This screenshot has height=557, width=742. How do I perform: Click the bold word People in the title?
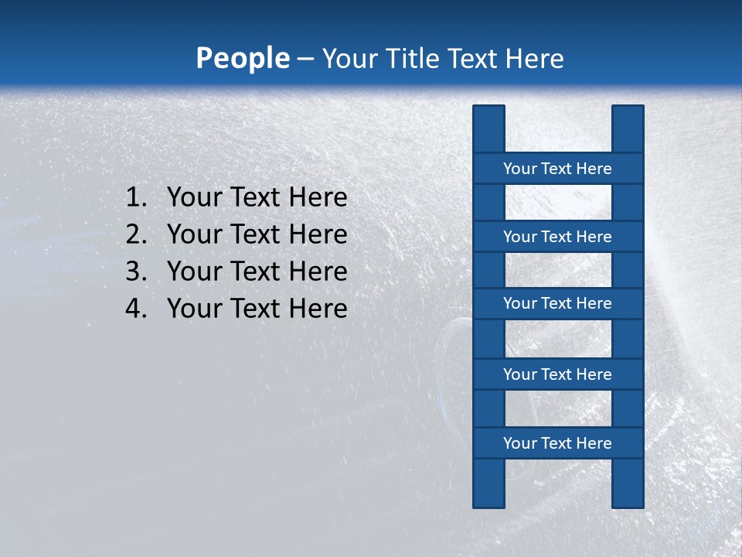pos(242,59)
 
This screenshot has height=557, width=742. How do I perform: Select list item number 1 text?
pos(257,198)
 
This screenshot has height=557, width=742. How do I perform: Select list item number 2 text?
pos(257,234)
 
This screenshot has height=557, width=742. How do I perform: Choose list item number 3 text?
pos(257,272)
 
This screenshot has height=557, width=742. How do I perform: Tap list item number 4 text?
pos(257,309)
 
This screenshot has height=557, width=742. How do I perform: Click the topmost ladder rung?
pos(557,169)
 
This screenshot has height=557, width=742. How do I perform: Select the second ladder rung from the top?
pos(557,237)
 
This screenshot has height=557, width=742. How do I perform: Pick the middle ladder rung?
pos(557,303)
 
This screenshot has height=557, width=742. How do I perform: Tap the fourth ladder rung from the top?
pos(557,374)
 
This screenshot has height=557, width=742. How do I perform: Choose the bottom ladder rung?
pos(557,443)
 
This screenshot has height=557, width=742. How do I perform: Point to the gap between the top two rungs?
pos(558,203)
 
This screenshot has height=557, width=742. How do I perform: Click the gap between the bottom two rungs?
pos(558,408)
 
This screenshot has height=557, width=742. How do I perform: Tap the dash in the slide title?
pos(305,59)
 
